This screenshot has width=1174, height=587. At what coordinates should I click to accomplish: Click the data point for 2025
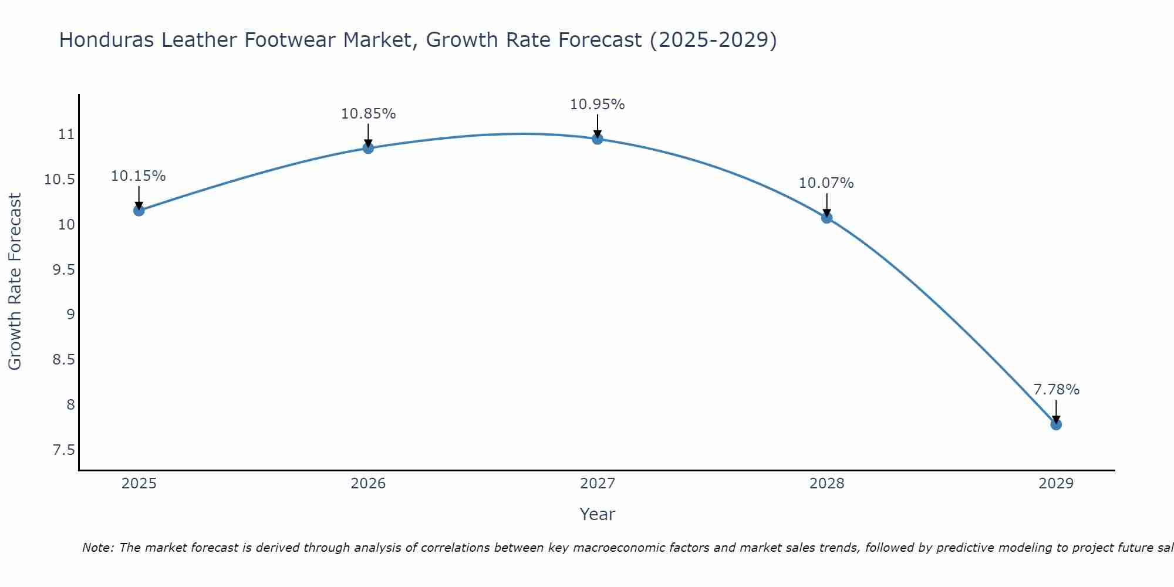tap(139, 210)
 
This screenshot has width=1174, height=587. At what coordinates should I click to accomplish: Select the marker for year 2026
tap(368, 148)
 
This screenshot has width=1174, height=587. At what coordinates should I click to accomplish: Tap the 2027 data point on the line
tap(598, 139)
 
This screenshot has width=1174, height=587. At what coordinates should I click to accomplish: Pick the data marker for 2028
tap(826, 218)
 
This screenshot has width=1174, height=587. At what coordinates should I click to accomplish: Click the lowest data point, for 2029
tap(1056, 424)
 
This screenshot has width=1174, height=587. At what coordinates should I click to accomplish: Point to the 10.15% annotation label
tap(139, 176)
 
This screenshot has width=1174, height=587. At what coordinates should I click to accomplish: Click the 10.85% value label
tap(369, 114)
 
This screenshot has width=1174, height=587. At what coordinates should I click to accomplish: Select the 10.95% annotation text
tap(598, 104)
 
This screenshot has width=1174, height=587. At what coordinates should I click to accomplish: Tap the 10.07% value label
tap(826, 183)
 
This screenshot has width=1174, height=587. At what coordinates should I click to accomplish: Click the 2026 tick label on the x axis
tap(368, 484)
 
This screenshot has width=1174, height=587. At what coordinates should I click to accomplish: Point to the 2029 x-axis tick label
tap(1056, 484)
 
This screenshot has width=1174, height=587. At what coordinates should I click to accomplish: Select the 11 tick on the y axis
tap(66, 134)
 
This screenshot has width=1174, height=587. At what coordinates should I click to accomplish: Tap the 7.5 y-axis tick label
tap(64, 450)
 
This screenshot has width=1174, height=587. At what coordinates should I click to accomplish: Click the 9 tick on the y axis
tap(71, 315)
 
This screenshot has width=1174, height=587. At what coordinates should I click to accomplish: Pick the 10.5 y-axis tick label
tap(60, 180)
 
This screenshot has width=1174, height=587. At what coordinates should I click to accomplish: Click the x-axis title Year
tap(598, 514)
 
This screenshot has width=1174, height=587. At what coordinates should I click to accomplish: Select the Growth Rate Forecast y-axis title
tap(15, 281)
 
